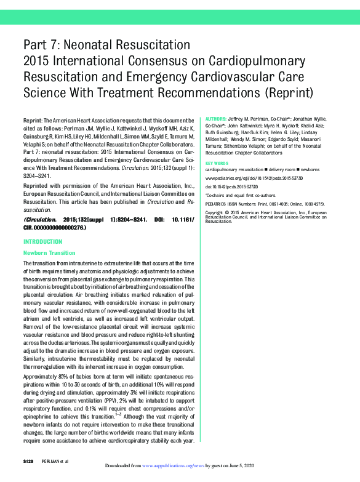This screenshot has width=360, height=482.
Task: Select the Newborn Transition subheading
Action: point(49,253)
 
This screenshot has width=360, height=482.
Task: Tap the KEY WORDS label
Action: point(218,163)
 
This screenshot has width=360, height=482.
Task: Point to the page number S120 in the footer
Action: point(29,462)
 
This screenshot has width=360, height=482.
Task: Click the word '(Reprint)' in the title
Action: point(289,94)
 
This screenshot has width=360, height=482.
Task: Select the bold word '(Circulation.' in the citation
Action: point(44,220)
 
